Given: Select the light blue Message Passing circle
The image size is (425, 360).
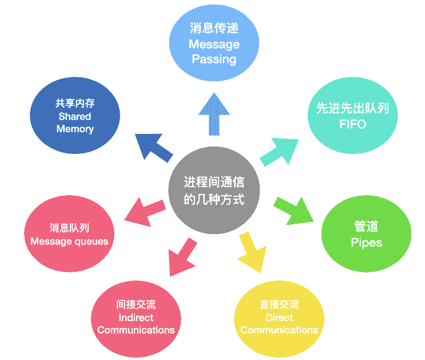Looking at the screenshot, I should (214, 43).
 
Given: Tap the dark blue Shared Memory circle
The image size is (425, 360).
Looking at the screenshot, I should (75, 117).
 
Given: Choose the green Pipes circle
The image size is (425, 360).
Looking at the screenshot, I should (366, 234).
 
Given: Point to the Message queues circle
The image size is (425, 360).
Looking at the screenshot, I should (69, 234).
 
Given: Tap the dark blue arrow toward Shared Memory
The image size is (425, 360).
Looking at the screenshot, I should (153, 147).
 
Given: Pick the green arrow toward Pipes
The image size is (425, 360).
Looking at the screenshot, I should (294, 209).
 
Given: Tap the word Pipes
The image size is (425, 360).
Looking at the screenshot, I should (366, 243).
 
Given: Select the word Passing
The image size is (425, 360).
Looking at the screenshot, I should (214, 59).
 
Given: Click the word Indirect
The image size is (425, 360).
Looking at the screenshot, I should (136, 318).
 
